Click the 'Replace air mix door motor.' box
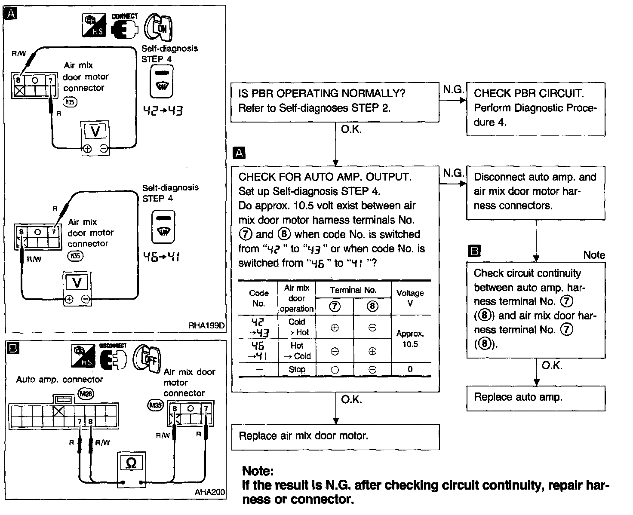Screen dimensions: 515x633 [335, 437]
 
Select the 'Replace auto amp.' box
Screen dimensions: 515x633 [535, 398]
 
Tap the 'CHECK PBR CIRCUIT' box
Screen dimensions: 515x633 [535, 109]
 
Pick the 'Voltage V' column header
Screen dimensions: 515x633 [410, 298]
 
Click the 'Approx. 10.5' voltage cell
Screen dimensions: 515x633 [410, 339]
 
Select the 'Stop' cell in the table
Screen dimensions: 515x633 [297, 369]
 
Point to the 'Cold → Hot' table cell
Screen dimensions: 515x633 [297, 327]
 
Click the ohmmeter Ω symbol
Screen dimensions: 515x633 [132, 463]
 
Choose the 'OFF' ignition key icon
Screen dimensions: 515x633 [149, 358]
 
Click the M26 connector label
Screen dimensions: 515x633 [86, 393]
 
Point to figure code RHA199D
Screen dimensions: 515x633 [206, 325]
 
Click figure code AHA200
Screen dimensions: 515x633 [209, 492]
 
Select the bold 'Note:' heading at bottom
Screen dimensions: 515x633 [258, 471]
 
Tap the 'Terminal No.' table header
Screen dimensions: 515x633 [353, 290]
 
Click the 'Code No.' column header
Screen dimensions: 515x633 [258, 298]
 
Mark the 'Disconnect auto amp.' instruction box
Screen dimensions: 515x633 [535, 192]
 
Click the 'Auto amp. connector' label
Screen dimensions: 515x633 [59, 380]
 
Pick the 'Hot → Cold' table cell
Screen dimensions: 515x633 [297, 351]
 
